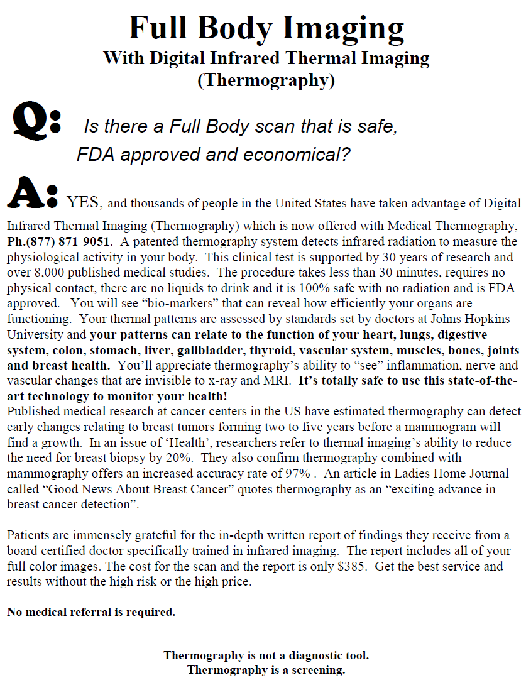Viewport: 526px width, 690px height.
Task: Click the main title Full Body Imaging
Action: coord(266,28)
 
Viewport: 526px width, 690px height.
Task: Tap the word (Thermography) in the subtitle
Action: coord(266,80)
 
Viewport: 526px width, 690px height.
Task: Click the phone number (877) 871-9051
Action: coord(67,241)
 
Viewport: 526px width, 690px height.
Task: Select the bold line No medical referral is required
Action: coord(91,611)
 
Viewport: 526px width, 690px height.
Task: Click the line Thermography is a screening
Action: coord(266,670)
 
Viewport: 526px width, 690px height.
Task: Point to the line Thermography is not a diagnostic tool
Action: coord(266,655)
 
